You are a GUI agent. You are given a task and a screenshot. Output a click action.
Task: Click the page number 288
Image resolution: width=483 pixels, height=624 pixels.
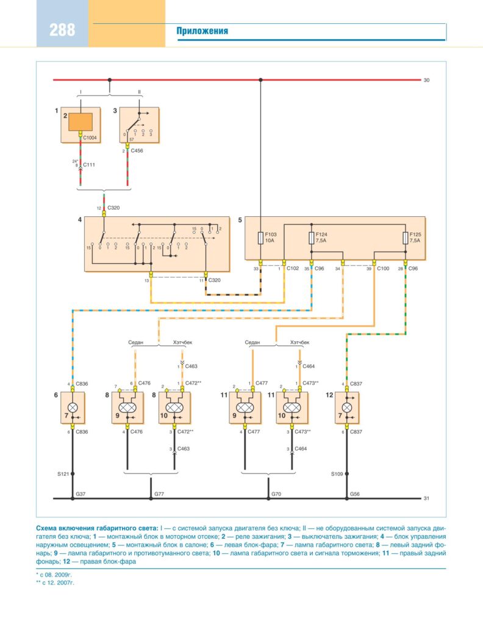(62, 30)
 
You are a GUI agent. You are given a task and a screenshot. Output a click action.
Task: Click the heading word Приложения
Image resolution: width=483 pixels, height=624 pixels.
(202, 31)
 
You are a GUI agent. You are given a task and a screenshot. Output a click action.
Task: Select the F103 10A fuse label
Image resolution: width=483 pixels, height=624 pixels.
(270, 237)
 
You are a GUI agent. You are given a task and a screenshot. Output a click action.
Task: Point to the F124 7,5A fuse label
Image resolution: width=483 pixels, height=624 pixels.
(322, 237)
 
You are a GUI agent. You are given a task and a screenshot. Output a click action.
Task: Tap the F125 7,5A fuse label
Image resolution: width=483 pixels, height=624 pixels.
(415, 237)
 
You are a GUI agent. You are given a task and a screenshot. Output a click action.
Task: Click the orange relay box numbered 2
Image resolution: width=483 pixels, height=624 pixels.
(80, 121)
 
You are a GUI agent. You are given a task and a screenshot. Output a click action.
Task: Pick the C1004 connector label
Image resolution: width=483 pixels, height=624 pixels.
(90, 138)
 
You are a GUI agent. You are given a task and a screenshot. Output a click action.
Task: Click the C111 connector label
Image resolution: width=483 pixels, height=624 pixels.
(90, 165)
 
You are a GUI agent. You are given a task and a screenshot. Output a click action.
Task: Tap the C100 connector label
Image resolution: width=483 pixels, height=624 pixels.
(383, 268)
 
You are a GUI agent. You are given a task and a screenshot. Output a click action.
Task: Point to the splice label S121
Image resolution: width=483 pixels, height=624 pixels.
(63, 473)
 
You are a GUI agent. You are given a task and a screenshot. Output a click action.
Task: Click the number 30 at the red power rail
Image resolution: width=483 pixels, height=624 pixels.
(426, 80)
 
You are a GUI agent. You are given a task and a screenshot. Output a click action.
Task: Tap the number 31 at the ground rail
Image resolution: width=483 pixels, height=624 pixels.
(426, 498)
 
